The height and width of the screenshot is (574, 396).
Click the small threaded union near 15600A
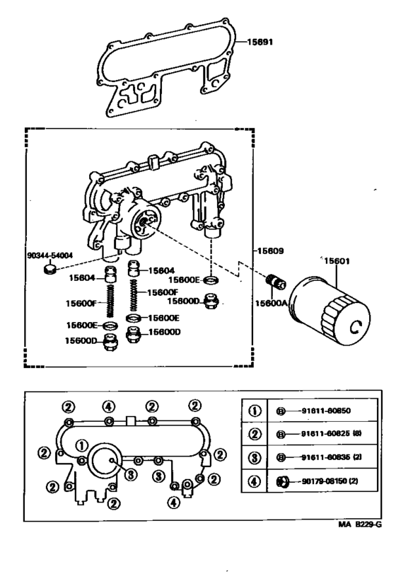(x=276, y=283)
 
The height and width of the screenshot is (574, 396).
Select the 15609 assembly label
(x=271, y=250)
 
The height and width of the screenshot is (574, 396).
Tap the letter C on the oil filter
(x=356, y=327)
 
